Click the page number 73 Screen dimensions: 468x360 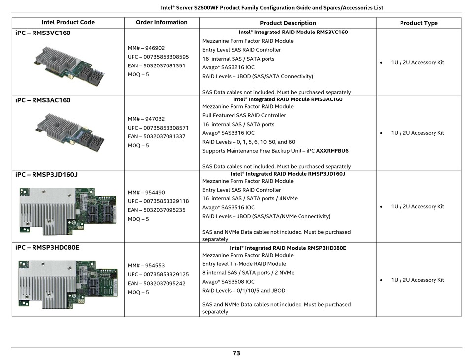(236, 353)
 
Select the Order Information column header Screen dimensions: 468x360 (162, 22)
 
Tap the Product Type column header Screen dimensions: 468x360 (419, 23)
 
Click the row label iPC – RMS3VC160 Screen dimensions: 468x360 (43, 33)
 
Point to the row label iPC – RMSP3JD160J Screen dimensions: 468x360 (47, 174)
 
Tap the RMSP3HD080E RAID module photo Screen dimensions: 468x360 (68, 285)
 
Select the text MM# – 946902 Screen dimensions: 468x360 (146, 48)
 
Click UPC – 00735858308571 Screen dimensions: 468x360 (158, 128)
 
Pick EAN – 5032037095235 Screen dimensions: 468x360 (156, 210)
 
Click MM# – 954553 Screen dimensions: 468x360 (146, 265)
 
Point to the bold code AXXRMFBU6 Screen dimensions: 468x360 (332, 151)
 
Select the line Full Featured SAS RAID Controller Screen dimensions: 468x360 (244, 115)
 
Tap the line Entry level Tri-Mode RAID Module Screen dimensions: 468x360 (244, 263)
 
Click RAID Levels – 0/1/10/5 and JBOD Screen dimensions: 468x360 (244, 290)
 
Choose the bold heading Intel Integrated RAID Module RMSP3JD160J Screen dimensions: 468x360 (288, 174)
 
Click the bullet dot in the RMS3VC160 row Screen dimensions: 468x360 (381, 63)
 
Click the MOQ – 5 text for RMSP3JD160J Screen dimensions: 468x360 (138, 219)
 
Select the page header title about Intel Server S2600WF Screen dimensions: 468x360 (272, 8)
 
